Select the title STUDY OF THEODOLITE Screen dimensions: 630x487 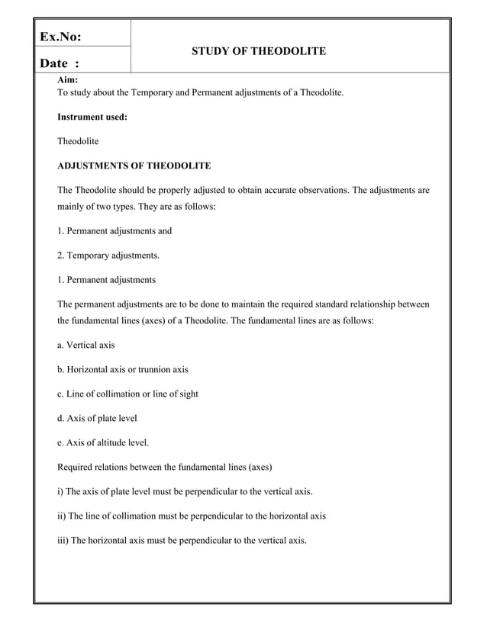(x=259, y=51)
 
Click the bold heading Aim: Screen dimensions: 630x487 (x=67, y=80)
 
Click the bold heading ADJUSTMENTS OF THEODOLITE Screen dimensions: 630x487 (x=134, y=165)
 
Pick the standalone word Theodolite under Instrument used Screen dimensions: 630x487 (x=78, y=141)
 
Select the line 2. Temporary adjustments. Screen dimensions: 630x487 (x=108, y=256)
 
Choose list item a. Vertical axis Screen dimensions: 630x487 (x=86, y=346)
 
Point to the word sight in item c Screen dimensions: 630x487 (x=186, y=394)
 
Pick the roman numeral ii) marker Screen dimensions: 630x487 (x=63, y=516)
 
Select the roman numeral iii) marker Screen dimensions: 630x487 (x=64, y=540)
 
